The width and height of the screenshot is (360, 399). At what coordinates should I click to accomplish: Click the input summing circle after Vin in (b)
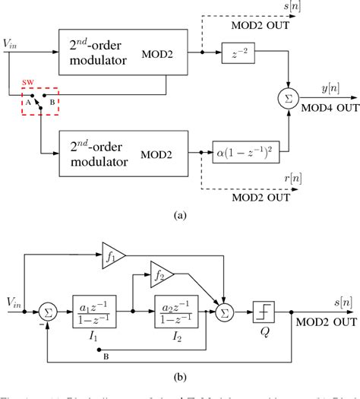click(46, 312)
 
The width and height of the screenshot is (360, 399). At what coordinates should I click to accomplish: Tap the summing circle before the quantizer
click(227, 312)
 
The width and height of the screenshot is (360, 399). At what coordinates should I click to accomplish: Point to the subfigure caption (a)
click(179, 216)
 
